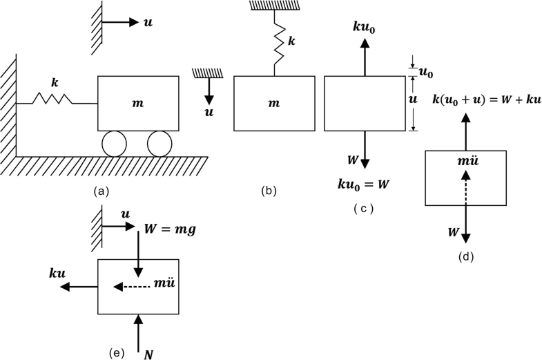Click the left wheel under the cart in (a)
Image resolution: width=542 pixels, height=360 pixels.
click(x=113, y=144)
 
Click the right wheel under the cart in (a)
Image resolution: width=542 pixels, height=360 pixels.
click(x=158, y=144)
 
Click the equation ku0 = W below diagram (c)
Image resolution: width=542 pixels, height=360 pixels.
click(x=362, y=186)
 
